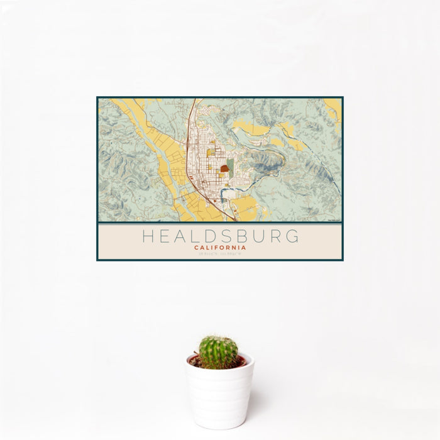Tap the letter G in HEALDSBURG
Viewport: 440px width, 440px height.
coord(292,237)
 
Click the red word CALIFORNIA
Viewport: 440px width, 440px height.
coord(220,248)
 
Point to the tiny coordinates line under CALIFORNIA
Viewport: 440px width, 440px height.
coord(220,255)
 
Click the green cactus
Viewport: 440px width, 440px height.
coord(218,352)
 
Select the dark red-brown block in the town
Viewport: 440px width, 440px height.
coord(224,169)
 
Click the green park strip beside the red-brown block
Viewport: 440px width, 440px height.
coord(231,167)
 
